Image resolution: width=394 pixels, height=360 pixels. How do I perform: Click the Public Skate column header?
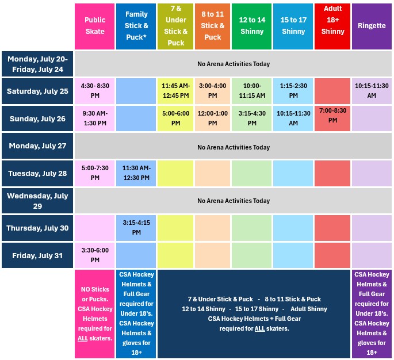94,26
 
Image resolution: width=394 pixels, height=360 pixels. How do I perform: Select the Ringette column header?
372,26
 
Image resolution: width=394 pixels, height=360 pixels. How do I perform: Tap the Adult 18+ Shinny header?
332,26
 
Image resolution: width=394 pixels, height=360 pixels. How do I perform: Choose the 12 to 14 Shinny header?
251,26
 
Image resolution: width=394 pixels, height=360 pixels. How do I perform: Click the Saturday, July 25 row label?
37,91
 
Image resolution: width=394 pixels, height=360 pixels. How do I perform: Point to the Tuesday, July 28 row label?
37,173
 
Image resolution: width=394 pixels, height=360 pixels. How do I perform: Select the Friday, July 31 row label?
37,255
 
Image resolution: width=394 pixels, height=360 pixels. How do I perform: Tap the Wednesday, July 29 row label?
37,201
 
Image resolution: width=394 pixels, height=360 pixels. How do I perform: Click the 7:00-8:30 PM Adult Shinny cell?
332,118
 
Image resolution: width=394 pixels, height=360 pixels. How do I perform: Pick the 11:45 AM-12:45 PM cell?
175,91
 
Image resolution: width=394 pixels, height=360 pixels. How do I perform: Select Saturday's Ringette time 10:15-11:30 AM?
372,91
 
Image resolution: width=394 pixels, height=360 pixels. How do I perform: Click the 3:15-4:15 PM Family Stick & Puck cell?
136,228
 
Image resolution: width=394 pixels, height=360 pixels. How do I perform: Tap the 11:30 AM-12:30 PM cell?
136,173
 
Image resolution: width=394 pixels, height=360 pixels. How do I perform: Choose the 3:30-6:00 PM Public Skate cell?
94,255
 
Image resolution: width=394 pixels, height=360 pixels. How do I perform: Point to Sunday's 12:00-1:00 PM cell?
212,118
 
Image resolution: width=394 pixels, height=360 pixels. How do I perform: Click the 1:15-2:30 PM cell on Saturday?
293,91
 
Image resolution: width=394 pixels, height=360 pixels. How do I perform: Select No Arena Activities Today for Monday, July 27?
234,147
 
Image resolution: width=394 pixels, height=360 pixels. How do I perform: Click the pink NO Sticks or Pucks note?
94,314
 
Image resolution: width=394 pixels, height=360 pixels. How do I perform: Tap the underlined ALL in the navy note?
259,328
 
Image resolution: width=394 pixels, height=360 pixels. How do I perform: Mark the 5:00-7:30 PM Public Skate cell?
94,173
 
